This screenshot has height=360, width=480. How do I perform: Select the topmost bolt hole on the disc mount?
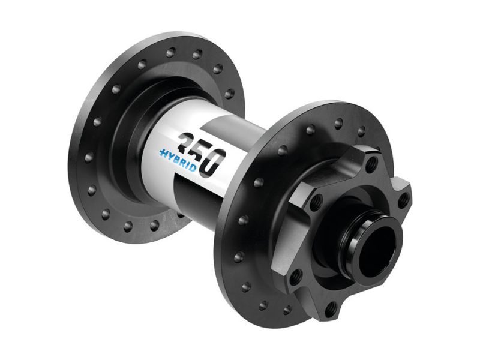click(373, 163)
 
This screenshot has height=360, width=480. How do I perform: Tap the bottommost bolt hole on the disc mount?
click(329, 308)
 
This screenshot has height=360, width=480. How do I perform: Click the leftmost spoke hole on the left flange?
click(90, 157)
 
